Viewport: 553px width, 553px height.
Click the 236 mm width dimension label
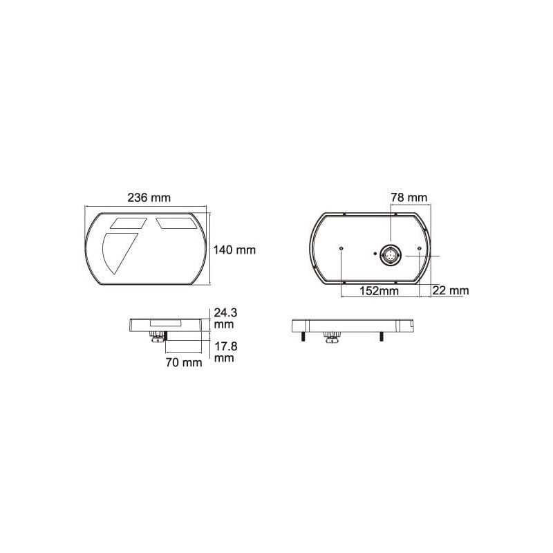tap(149, 198)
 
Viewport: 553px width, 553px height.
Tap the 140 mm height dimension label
tap(234, 250)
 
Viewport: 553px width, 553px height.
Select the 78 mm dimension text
tap(409, 197)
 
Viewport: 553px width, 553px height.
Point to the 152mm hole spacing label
tap(379, 291)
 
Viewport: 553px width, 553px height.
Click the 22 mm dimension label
tap(451, 290)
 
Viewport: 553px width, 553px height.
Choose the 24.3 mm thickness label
tap(226, 318)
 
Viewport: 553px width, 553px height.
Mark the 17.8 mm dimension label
tap(226, 352)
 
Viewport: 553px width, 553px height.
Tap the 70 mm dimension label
tap(184, 362)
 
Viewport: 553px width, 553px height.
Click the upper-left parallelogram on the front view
tap(129, 223)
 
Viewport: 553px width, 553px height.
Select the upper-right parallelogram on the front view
tap(177, 223)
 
